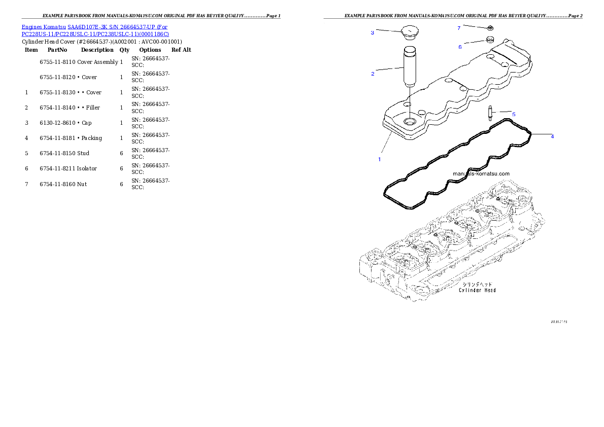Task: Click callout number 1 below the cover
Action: click(379, 159)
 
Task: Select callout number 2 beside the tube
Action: click(373, 74)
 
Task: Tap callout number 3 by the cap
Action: click(372, 32)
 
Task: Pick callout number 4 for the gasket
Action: click(552, 136)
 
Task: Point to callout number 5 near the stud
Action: click(513, 115)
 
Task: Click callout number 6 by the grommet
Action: click(460, 47)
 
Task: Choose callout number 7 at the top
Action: click(459, 27)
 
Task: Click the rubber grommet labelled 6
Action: click(491, 39)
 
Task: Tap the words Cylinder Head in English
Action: click(477, 290)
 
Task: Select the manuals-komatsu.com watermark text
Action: click(481, 173)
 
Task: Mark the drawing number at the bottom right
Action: click(559, 322)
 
